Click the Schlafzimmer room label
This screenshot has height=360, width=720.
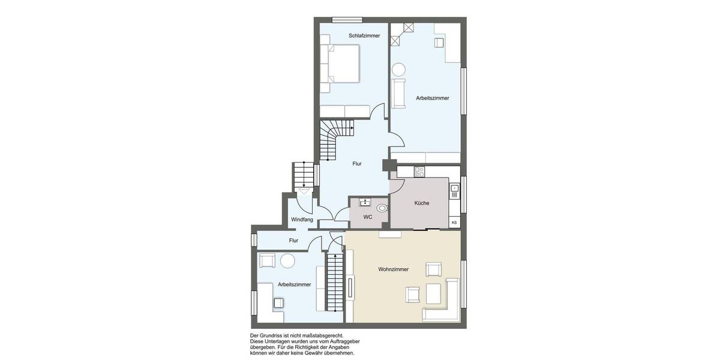point(364,35)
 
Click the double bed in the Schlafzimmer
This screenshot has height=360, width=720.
point(343,64)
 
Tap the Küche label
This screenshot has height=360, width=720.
point(422,203)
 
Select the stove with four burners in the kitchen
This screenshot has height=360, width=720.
point(419,172)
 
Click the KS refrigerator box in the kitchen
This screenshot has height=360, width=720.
point(454,223)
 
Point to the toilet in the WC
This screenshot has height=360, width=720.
point(382,208)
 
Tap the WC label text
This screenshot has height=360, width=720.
point(368,217)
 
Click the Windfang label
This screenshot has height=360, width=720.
point(302,220)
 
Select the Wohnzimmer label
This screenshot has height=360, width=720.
point(394,269)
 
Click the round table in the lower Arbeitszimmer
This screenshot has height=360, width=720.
point(288,260)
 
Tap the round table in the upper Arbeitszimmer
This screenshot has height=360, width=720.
point(398,69)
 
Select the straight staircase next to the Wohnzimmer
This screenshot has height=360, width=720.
point(335,282)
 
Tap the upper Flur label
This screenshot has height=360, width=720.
point(357,163)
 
